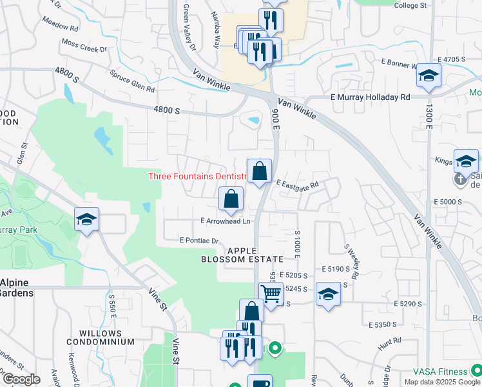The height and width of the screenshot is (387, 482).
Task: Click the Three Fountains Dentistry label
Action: (198, 176)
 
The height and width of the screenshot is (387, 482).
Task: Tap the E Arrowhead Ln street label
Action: (225, 221)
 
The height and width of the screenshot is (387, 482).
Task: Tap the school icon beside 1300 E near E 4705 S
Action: (429, 75)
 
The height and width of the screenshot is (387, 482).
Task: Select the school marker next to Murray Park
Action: (86, 219)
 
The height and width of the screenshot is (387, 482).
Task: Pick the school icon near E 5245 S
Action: (328, 294)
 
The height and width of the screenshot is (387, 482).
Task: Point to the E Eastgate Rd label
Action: (298, 184)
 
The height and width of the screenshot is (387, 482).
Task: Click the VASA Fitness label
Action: (441, 372)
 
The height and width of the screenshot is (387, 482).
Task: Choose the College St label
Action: (410, 5)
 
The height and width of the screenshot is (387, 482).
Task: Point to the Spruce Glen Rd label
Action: (132, 81)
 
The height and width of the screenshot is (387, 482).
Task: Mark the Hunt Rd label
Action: (385, 348)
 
